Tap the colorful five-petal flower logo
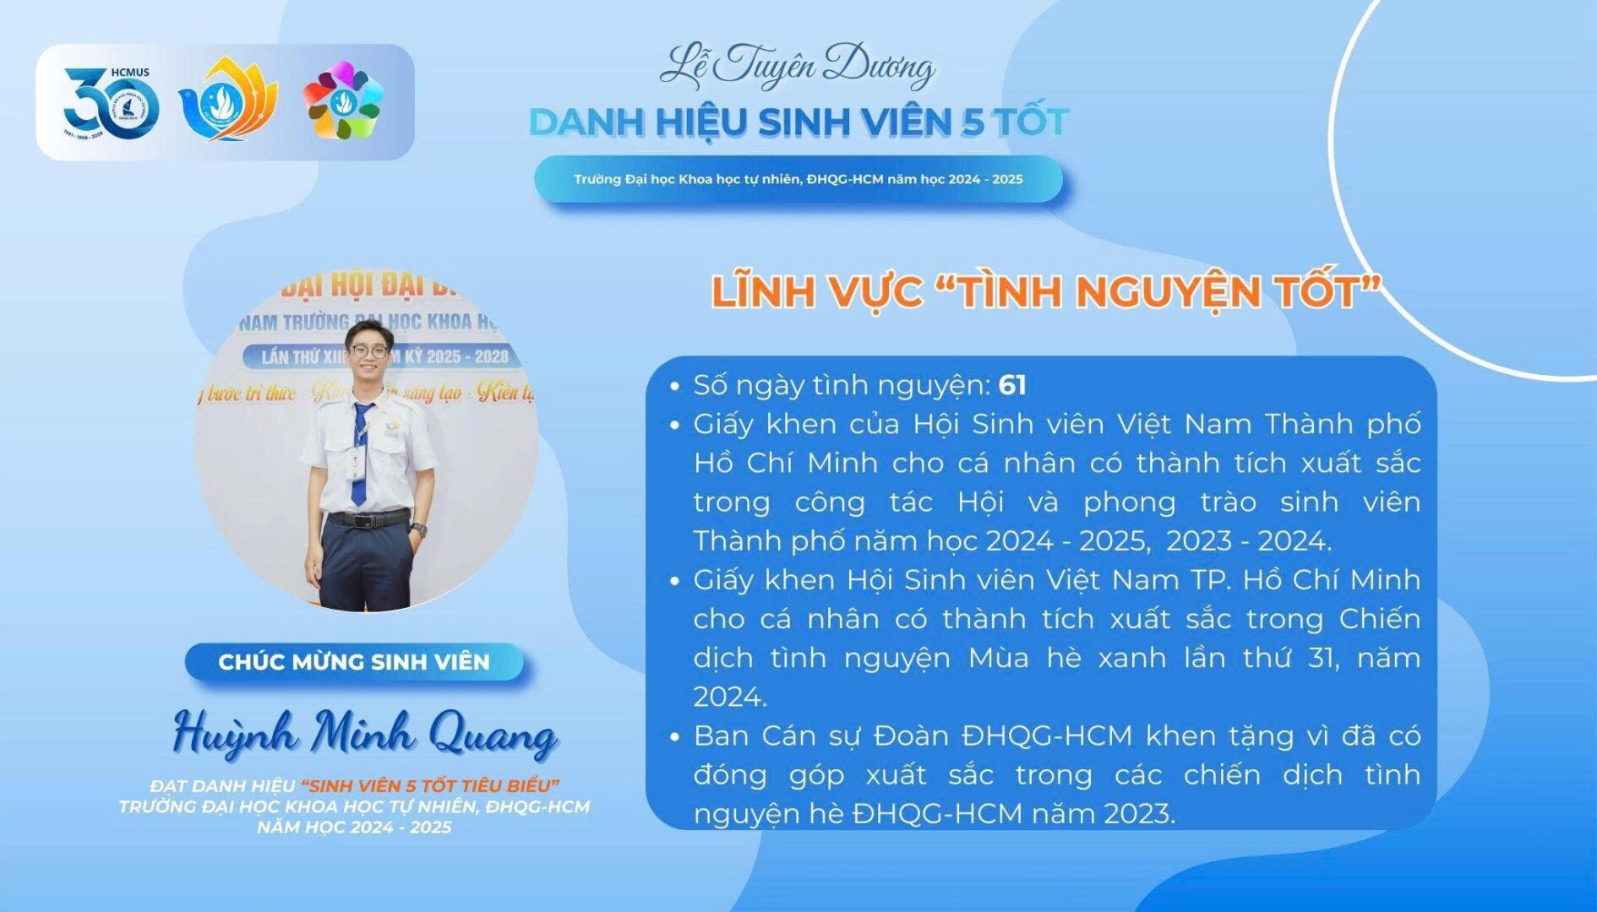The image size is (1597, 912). [343, 100]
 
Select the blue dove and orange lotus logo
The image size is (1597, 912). [228, 100]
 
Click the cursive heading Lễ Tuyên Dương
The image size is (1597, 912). [797, 66]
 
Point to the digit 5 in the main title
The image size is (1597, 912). [973, 123]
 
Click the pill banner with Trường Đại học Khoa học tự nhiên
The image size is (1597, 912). [798, 179]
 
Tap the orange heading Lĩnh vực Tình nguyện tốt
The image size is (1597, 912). [1046, 292]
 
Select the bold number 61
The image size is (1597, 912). [1012, 385]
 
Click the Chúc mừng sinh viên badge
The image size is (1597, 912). [354, 661]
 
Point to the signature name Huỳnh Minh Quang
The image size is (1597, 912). [365, 733]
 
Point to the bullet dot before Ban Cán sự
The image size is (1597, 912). [674, 737]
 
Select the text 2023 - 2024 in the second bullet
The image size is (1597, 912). [1249, 541]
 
